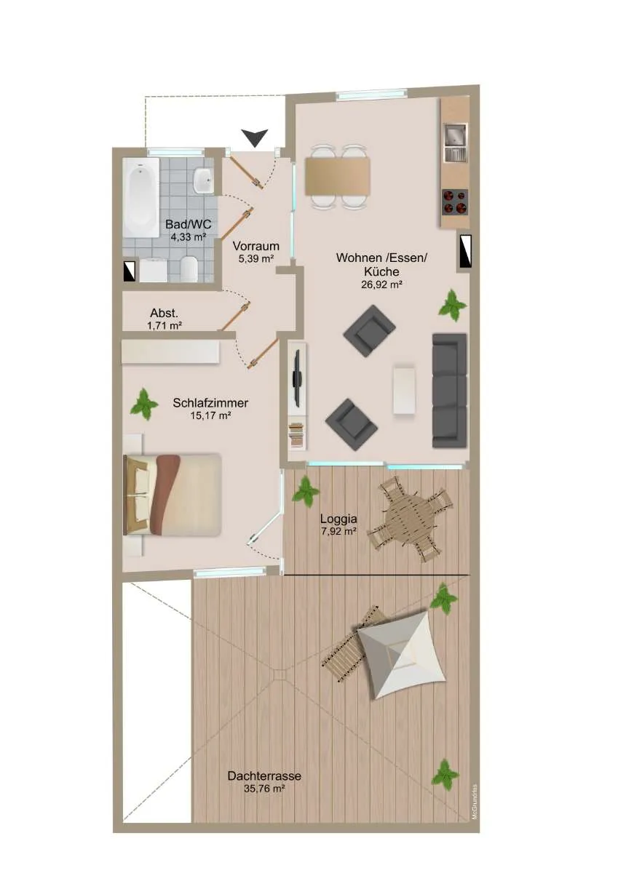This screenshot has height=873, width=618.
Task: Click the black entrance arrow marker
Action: point(254,138)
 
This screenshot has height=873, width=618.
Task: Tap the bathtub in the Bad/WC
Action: point(141,197)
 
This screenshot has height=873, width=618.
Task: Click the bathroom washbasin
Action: point(203,181)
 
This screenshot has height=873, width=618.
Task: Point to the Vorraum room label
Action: point(255,247)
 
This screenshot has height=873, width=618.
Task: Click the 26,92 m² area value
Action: point(381,284)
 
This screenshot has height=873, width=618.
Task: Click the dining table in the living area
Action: point(337,176)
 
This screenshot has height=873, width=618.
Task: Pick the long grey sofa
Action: point(449,391)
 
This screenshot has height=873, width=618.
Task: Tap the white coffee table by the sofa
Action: point(404,389)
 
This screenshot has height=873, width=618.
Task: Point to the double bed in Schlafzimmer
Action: point(173,494)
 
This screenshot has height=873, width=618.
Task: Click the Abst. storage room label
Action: point(165,313)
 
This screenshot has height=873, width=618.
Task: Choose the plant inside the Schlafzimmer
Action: point(144,404)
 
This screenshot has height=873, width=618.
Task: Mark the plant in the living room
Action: point(452,305)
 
